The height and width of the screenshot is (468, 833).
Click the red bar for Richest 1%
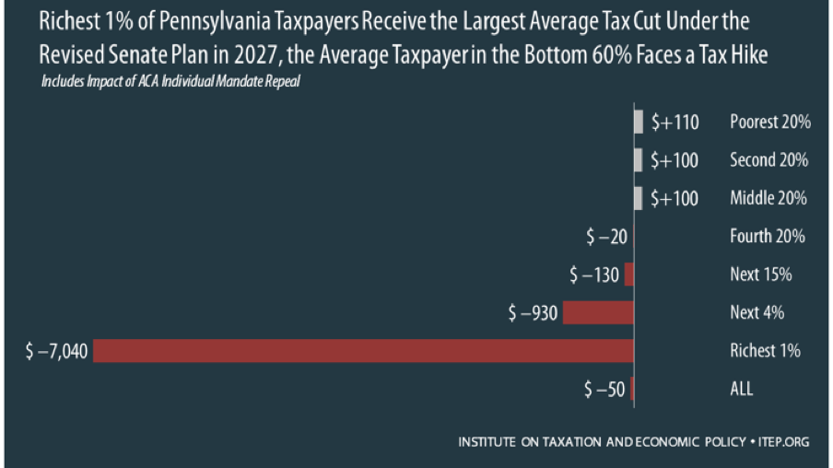pos(363,350)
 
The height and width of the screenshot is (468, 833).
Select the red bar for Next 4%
pos(598,312)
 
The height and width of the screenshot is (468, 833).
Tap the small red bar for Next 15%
pos(629,275)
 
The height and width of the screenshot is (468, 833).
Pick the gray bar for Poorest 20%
pos(639,122)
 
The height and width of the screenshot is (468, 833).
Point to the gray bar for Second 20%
pos(639,160)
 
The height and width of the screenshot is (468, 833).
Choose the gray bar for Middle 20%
pos(639,198)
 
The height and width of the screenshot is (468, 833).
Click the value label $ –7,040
pos(57,351)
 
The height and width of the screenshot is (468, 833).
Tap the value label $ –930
pos(533,313)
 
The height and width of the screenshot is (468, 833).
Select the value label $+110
pos(675,122)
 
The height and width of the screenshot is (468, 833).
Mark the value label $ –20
pos(606,237)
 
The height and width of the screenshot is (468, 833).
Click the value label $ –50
pos(604,389)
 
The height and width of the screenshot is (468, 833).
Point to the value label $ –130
pos(594,275)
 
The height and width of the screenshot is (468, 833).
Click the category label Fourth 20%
pos(767,237)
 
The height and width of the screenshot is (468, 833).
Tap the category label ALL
pos(741,389)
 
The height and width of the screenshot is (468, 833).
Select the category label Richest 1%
pos(765,351)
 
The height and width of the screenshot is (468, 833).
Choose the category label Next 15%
pos(760,275)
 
